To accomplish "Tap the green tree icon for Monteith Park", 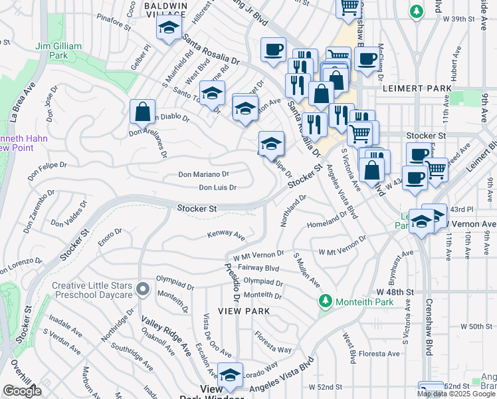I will pos(325,302).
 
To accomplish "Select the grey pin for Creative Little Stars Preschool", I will pos(142,289).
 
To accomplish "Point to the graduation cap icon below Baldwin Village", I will pos(169,29).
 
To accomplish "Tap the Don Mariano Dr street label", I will pos(203,174).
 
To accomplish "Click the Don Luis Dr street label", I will pos(218,188).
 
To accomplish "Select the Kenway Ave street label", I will pos(226,234).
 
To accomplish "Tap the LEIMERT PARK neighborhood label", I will pos(417,88).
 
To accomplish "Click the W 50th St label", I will pos(469,327).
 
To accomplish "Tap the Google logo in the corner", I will pos(22,390).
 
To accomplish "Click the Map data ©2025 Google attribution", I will pos(455,394).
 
